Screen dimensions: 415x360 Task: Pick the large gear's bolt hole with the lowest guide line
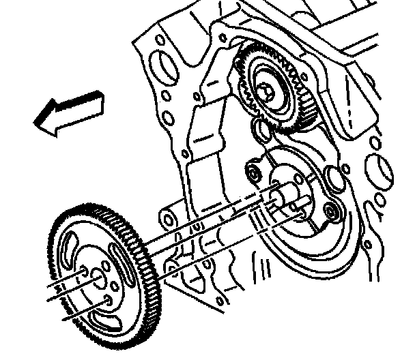tap(108, 301)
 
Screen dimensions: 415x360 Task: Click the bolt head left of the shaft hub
tap(252, 172)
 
